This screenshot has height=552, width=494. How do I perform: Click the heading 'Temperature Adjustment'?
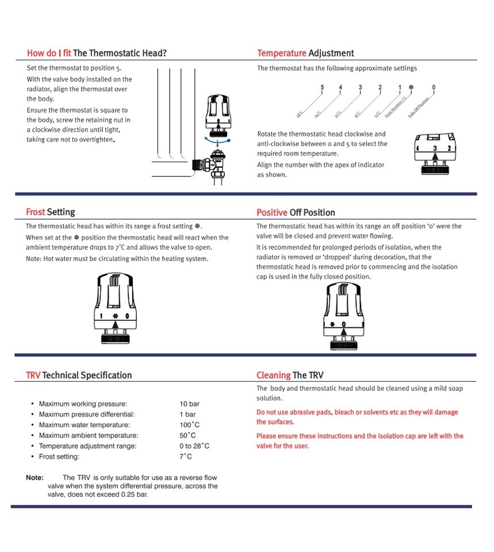tap(305, 53)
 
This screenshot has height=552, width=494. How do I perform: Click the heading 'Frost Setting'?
tap(51, 212)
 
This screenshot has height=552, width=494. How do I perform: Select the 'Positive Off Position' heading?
tap(296, 213)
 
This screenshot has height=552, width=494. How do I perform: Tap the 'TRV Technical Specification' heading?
tap(79, 375)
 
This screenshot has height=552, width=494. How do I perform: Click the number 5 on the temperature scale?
tap(322, 88)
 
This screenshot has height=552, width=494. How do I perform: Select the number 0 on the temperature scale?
tap(434, 88)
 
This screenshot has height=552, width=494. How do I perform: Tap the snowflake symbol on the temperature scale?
tap(411, 88)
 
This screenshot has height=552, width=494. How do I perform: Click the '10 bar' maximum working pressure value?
tap(189, 404)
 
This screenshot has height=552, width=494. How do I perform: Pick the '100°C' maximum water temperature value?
tap(189, 425)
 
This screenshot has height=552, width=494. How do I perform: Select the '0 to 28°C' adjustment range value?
tap(194, 446)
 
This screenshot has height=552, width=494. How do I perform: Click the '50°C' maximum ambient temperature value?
tap(187, 436)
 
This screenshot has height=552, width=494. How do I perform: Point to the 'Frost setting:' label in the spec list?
tap(59, 457)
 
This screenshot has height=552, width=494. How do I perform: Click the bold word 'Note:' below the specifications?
tap(35, 478)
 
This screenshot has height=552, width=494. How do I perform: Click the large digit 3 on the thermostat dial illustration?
tap(435, 148)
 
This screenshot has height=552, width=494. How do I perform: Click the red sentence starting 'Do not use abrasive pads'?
tap(357, 417)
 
